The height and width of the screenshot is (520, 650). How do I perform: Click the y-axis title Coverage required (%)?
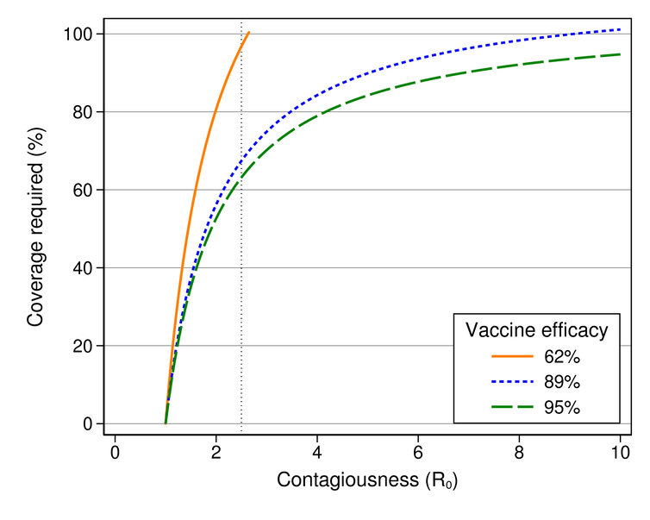[x=35, y=229]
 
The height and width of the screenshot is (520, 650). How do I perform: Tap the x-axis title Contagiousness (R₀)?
[x=367, y=481]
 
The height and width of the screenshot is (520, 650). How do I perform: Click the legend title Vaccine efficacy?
[x=536, y=329]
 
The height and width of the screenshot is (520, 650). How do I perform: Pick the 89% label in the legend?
[x=562, y=381]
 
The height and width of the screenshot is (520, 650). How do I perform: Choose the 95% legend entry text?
[x=562, y=407]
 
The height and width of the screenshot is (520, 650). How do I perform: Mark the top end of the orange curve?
[x=248, y=33]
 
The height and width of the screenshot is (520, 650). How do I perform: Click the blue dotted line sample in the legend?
[x=510, y=381]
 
